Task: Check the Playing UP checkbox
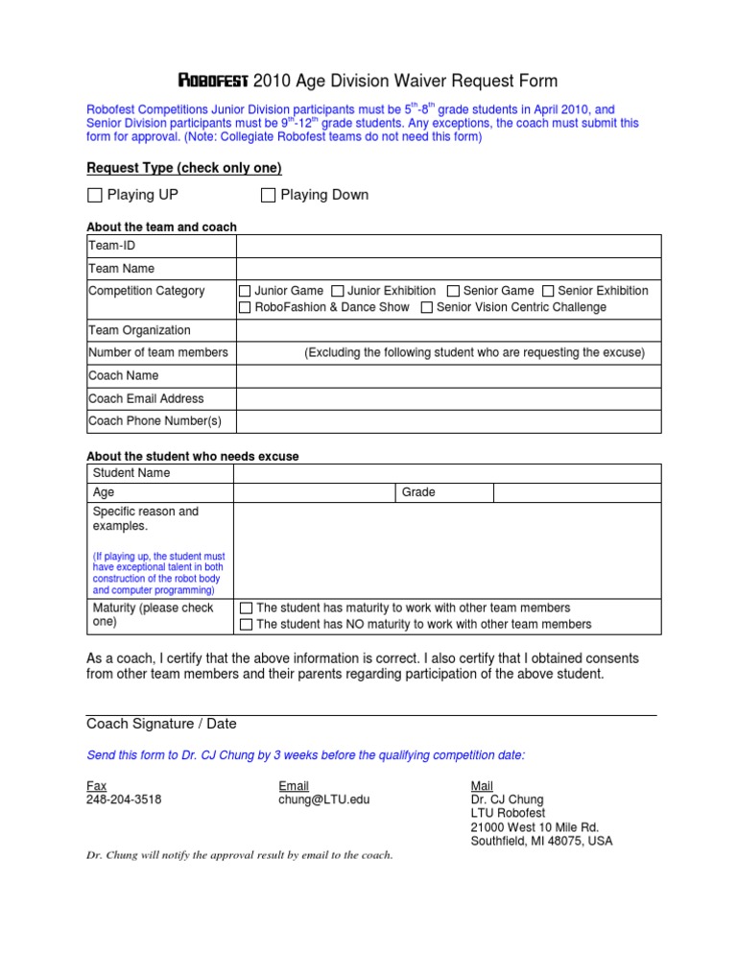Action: pyautogui.click(x=94, y=196)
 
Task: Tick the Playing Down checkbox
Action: pyautogui.click(x=269, y=196)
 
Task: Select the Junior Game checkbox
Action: pyautogui.click(x=246, y=291)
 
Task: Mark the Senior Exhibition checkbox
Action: pyautogui.click(x=548, y=291)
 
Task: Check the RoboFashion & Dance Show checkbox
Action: pyautogui.click(x=246, y=307)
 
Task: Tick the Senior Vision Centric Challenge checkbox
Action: pyautogui.click(x=427, y=307)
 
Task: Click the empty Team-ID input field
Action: pyautogui.click(x=448, y=246)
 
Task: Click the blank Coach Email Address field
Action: pyautogui.click(x=448, y=398)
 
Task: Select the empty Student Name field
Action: pyautogui.click(x=448, y=473)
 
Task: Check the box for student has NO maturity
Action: pyautogui.click(x=246, y=625)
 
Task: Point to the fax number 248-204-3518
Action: pyautogui.click(x=124, y=799)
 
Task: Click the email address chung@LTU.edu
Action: pyautogui.click(x=323, y=799)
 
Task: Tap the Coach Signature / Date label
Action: pyautogui.click(x=161, y=724)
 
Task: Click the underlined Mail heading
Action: pyautogui.click(x=482, y=785)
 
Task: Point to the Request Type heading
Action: pyautogui.click(x=184, y=168)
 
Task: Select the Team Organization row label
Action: pyautogui.click(x=139, y=330)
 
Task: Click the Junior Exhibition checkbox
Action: pyautogui.click(x=338, y=291)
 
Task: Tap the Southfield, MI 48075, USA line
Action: pyautogui.click(x=541, y=842)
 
